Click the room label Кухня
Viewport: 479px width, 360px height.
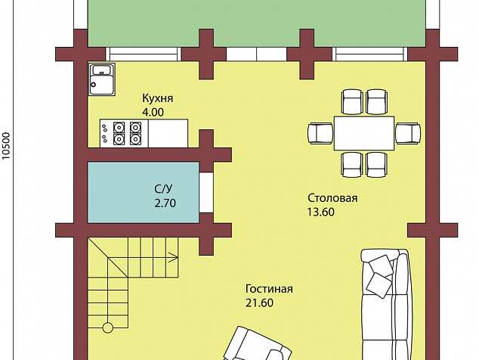158,98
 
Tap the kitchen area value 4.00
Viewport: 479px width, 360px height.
153,112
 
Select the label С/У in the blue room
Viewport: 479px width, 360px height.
163,189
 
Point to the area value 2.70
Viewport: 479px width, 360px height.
165,203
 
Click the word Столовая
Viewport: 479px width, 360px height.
332,198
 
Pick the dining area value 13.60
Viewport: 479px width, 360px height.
321,212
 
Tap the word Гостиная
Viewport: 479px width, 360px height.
269,289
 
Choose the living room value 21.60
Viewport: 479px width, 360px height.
259,303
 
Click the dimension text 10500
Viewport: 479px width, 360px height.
6,146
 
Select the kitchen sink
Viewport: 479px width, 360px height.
102,79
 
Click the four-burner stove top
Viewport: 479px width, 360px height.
124,133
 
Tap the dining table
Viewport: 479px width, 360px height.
364,133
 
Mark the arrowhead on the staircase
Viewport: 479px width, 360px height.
175,258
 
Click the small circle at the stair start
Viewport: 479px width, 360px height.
107,327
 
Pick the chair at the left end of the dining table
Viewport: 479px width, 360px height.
320,133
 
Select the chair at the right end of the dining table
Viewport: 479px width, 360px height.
408,133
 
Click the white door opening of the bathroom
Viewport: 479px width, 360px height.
206,193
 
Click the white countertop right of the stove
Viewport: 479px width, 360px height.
168,133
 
